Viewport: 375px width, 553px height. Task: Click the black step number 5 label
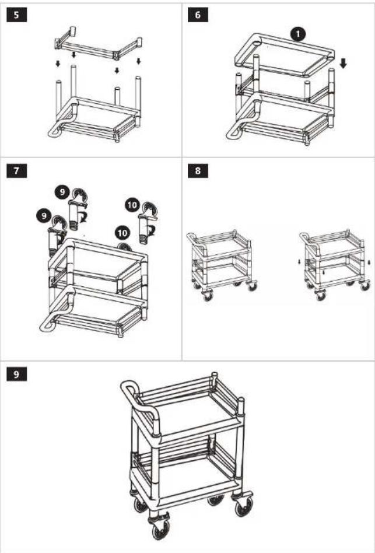click(16, 16)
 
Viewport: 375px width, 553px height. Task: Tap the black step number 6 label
click(198, 16)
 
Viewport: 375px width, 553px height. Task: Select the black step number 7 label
click(16, 171)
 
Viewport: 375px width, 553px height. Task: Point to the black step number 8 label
click(198, 171)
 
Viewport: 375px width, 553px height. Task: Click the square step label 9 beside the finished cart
click(16, 374)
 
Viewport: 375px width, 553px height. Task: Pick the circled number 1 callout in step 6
click(298, 35)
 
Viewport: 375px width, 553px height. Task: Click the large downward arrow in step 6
click(344, 64)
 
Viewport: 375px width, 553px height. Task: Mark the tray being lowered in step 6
click(284, 55)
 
